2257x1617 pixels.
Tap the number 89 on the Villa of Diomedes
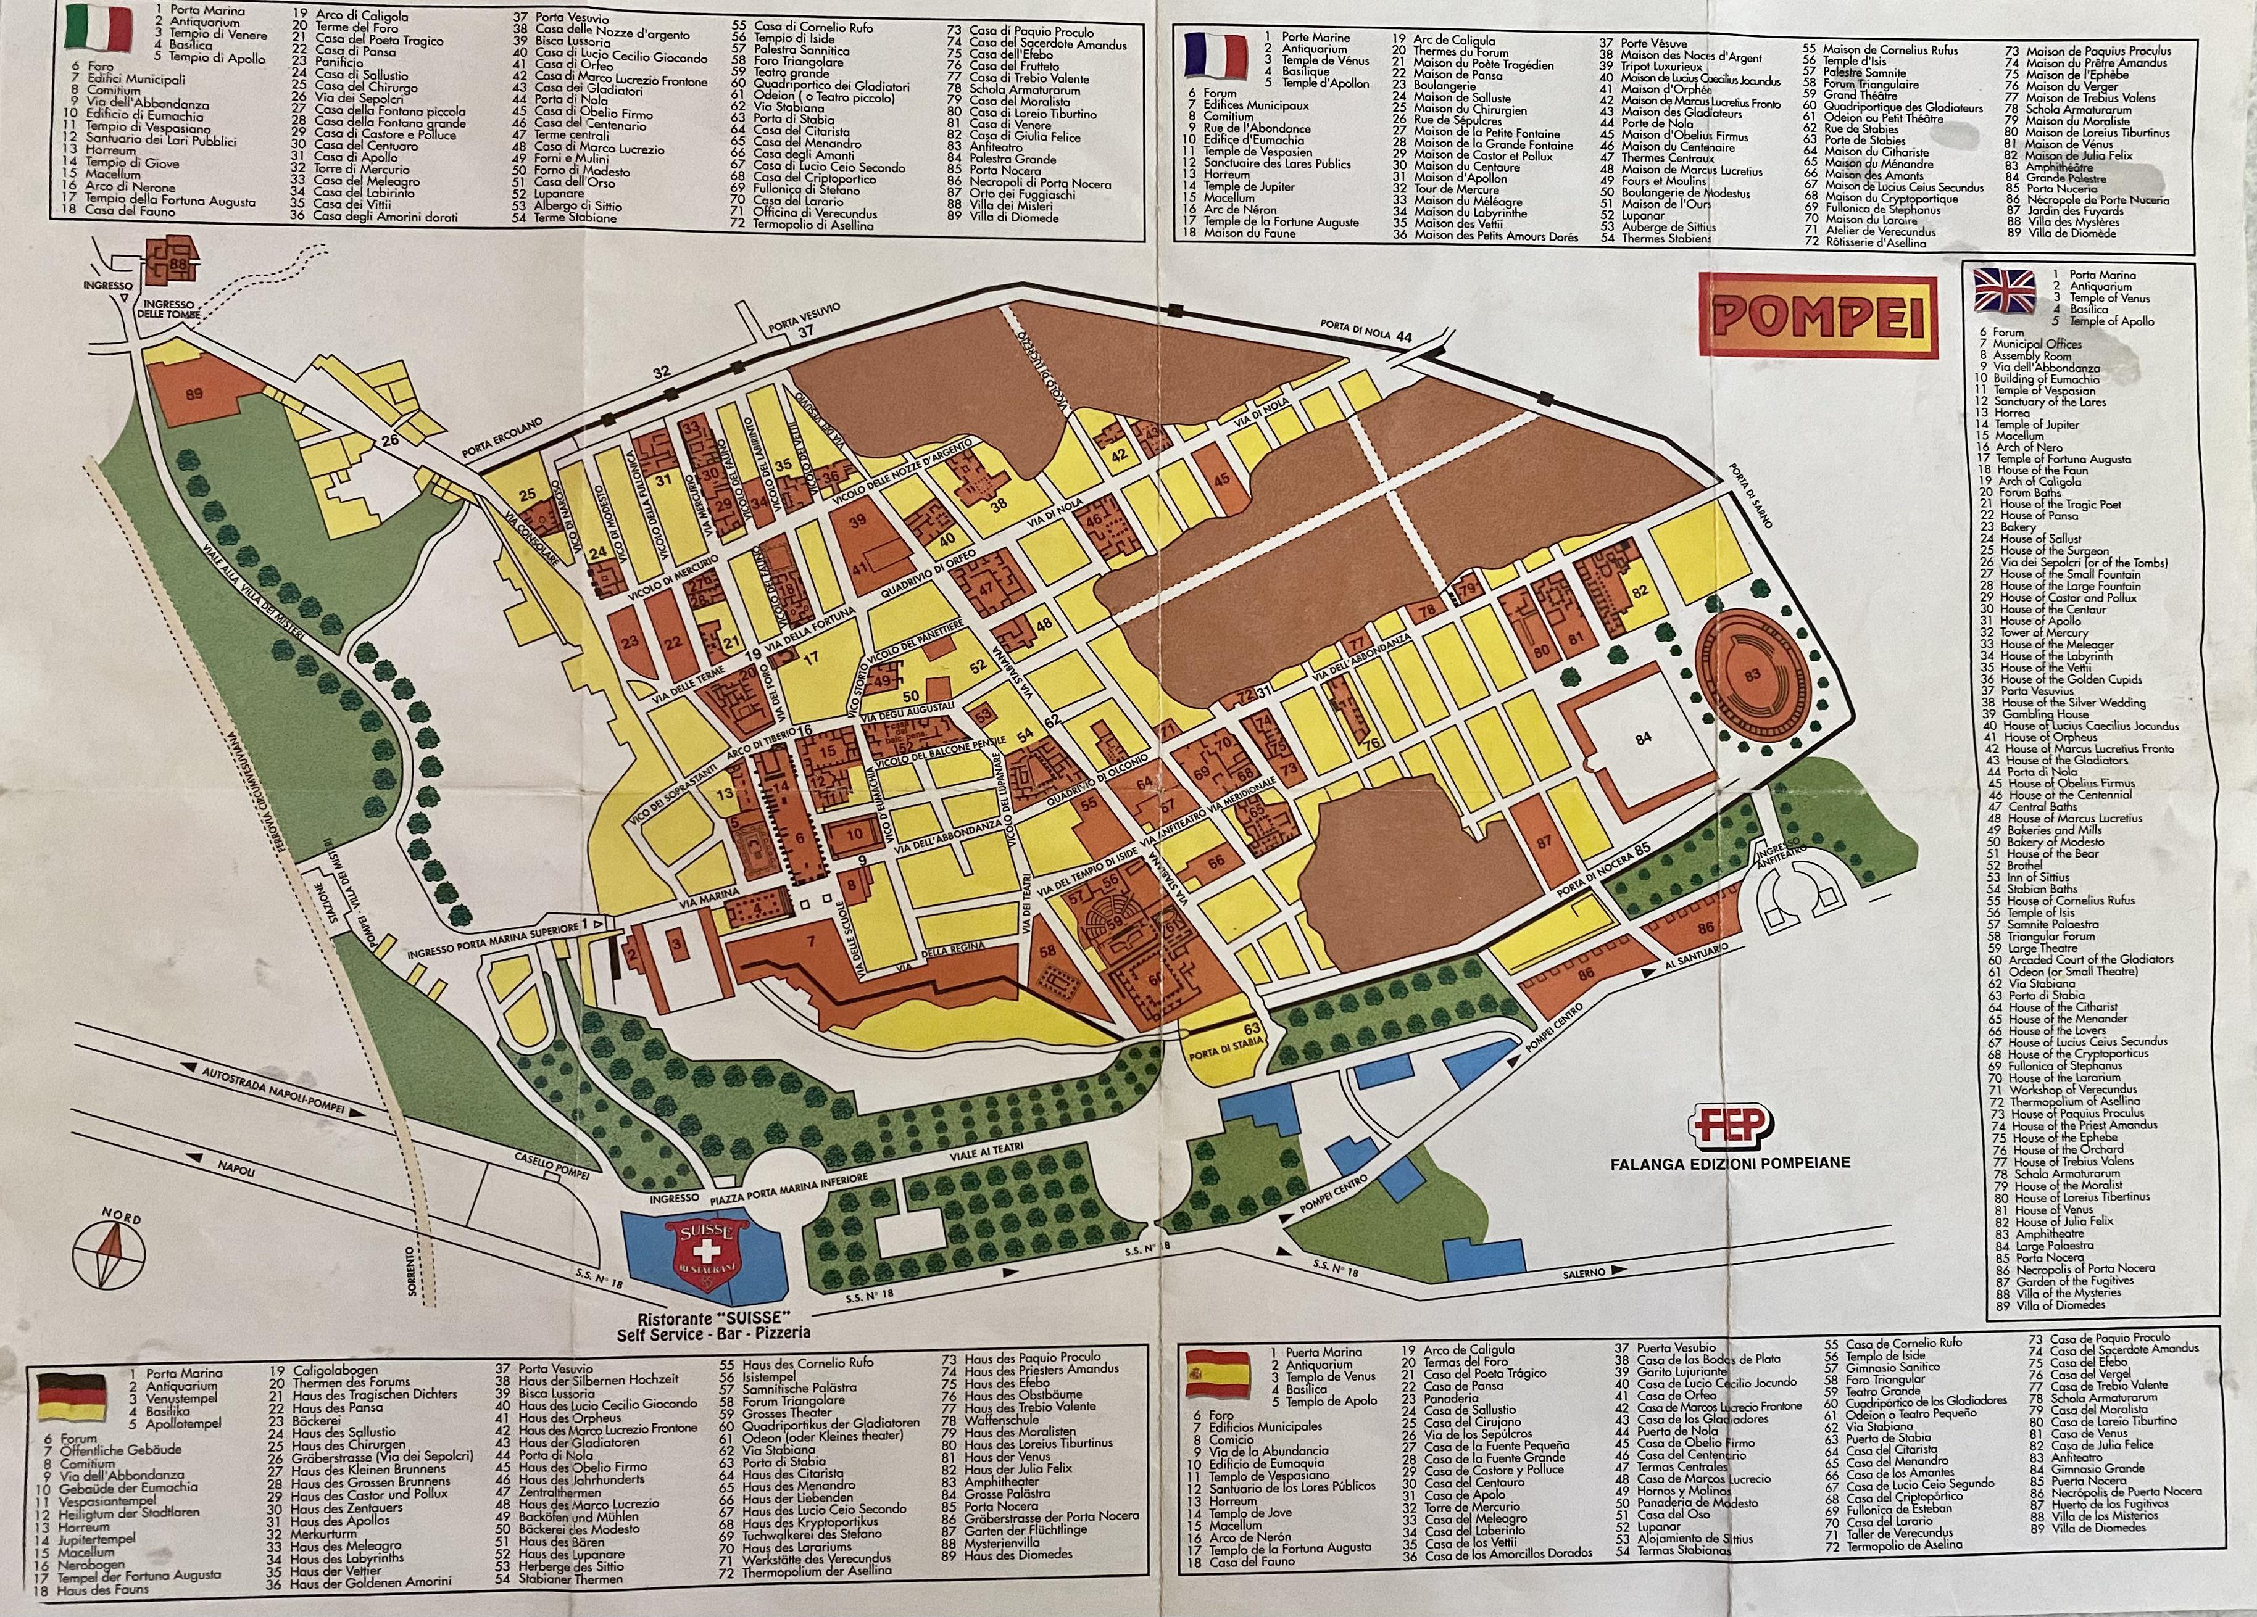tap(193, 394)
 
